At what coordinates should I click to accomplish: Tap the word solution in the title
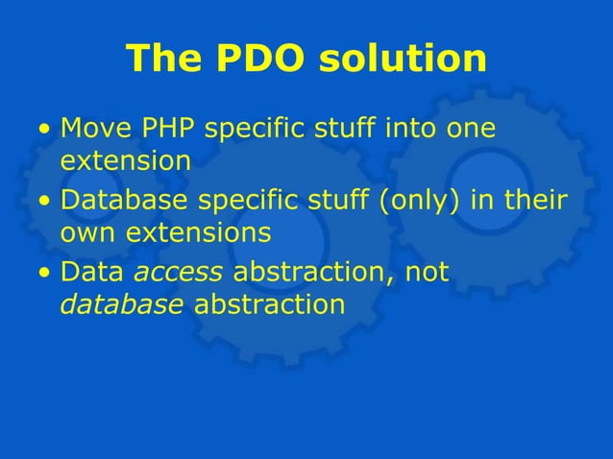click(x=404, y=59)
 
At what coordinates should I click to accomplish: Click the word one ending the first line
click(x=473, y=128)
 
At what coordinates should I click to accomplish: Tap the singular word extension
click(x=126, y=160)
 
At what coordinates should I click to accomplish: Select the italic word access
click(x=178, y=274)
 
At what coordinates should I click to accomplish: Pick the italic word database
click(x=122, y=305)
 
